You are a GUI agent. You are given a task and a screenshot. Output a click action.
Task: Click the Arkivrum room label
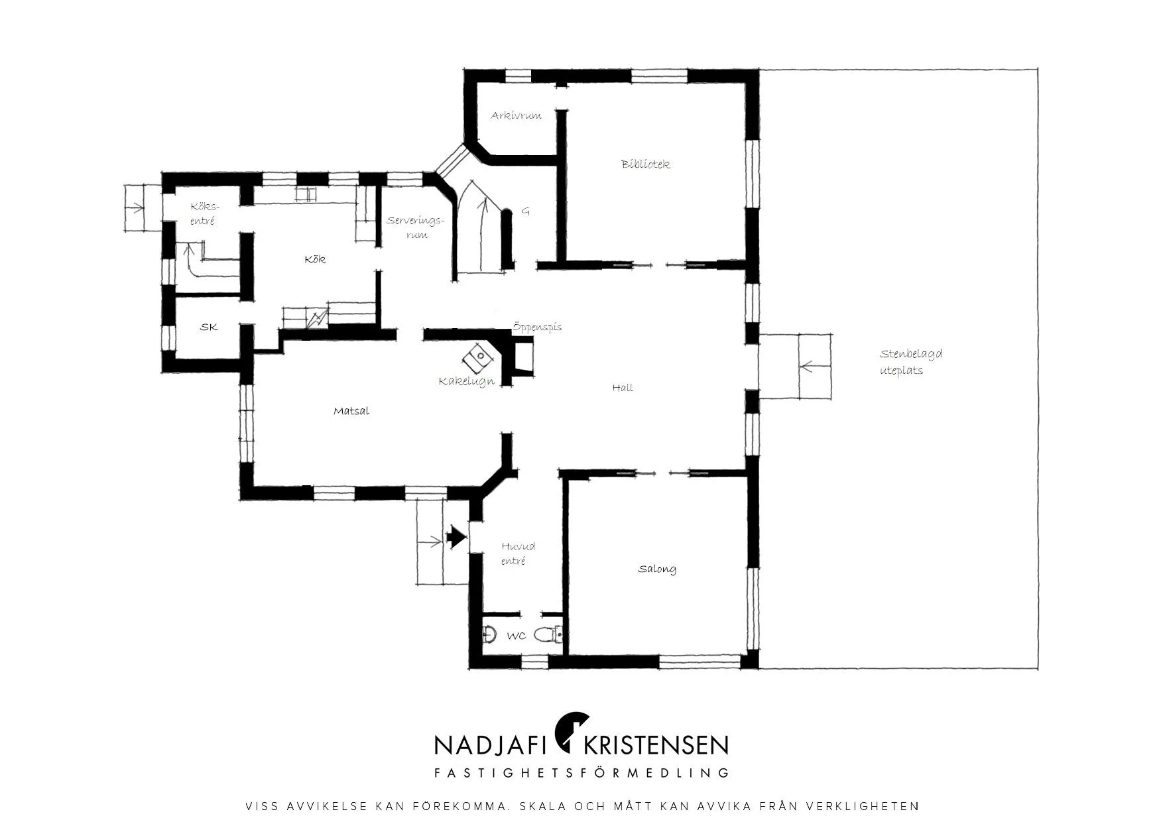[x=516, y=115]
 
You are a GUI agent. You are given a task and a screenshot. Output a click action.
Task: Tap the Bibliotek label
[x=645, y=164]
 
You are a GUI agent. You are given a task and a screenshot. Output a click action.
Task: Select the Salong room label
[x=657, y=569]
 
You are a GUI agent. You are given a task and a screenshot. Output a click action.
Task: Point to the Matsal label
[x=351, y=411]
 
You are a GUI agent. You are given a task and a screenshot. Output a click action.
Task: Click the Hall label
[x=623, y=388]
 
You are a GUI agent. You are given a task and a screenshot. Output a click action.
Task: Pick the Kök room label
[x=315, y=259]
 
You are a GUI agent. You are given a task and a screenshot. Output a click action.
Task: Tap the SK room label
[x=209, y=327]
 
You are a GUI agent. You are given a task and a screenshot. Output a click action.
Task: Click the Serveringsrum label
[x=415, y=227]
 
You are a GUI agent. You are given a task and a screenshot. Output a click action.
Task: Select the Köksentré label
[x=203, y=213]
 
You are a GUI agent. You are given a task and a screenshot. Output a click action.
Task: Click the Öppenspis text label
[x=537, y=327]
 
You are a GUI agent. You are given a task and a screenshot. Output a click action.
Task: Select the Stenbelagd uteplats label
[x=911, y=362]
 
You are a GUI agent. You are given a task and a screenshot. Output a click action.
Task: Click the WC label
[x=517, y=636]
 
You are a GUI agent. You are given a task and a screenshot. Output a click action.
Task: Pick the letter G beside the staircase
[x=526, y=211]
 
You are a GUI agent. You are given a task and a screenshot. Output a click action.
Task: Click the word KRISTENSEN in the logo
[x=655, y=745]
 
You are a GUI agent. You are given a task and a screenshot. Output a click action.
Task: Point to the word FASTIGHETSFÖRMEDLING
[x=581, y=773]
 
